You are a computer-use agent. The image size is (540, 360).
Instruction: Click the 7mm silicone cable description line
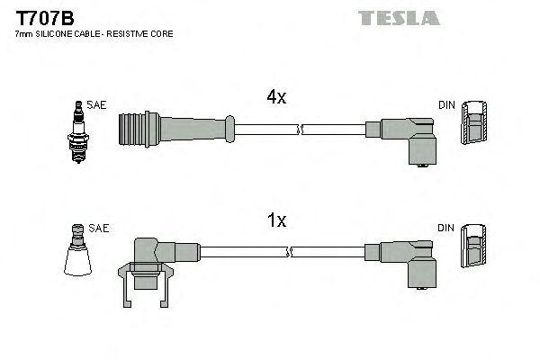94,33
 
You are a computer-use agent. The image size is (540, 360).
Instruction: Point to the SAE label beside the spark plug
97,105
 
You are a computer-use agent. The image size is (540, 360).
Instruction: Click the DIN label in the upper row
446,105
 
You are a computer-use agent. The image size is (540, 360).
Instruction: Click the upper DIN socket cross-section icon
473,127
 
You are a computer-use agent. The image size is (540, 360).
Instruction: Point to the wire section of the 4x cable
297,129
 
